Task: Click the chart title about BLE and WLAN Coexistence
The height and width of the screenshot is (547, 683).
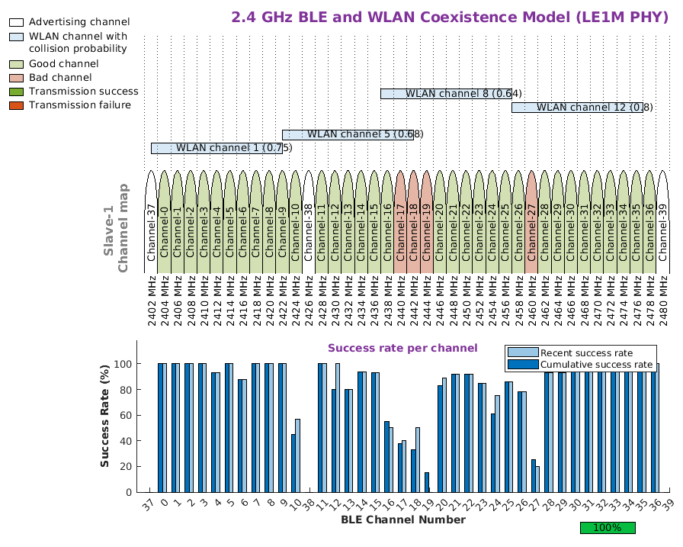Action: (452, 18)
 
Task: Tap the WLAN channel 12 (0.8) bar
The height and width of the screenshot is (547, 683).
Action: (577, 108)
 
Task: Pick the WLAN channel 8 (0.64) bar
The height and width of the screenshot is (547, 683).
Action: (446, 94)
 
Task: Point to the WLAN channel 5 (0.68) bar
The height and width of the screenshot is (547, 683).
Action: (348, 134)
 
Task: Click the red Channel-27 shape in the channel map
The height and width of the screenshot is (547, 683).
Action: (532, 221)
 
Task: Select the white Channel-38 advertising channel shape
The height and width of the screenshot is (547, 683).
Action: (309, 221)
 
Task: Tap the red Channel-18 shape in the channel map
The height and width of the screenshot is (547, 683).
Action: (414, 221)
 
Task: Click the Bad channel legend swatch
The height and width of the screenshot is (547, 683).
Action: (16, 78)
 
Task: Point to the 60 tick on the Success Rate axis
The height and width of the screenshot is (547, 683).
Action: (127, 415)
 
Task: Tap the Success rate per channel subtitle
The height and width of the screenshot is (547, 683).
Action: (402, 349)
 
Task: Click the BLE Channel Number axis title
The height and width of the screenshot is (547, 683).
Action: (402, 520)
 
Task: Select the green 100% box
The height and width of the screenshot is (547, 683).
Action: (607, 527)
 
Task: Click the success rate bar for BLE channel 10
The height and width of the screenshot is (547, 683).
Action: (296, 458)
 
